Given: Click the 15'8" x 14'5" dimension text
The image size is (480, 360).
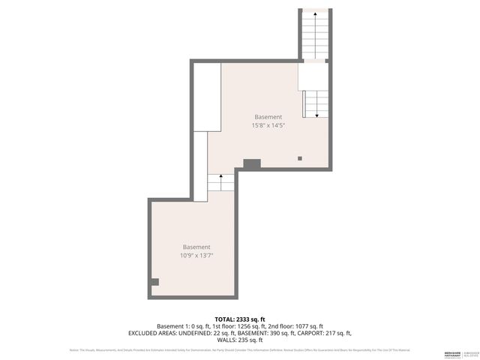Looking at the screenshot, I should click(x=268, y=125).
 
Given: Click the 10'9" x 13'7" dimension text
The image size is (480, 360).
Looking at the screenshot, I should click(x=196, y=256).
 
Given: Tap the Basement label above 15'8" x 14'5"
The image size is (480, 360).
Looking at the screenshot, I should click(x=268, y=117).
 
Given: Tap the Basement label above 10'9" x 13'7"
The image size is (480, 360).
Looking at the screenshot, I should click(x=196, y=247).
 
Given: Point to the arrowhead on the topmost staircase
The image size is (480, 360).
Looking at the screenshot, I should click(x=315, y=14).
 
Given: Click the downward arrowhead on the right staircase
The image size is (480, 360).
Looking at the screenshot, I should click(x=316, y=115).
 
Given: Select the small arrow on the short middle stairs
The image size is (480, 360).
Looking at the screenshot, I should click(x=220, y=176).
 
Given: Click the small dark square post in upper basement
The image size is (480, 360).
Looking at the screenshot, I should click(x=300, y=158).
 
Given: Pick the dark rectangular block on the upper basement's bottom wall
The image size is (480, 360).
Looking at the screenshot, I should click(x=252, y=163).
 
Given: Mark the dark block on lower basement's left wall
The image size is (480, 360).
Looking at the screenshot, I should click(x=155, y=282).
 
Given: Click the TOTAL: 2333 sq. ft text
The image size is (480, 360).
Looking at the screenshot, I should click(x=240, y=319).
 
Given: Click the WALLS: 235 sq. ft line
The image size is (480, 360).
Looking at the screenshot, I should click(x=240, y=340).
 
